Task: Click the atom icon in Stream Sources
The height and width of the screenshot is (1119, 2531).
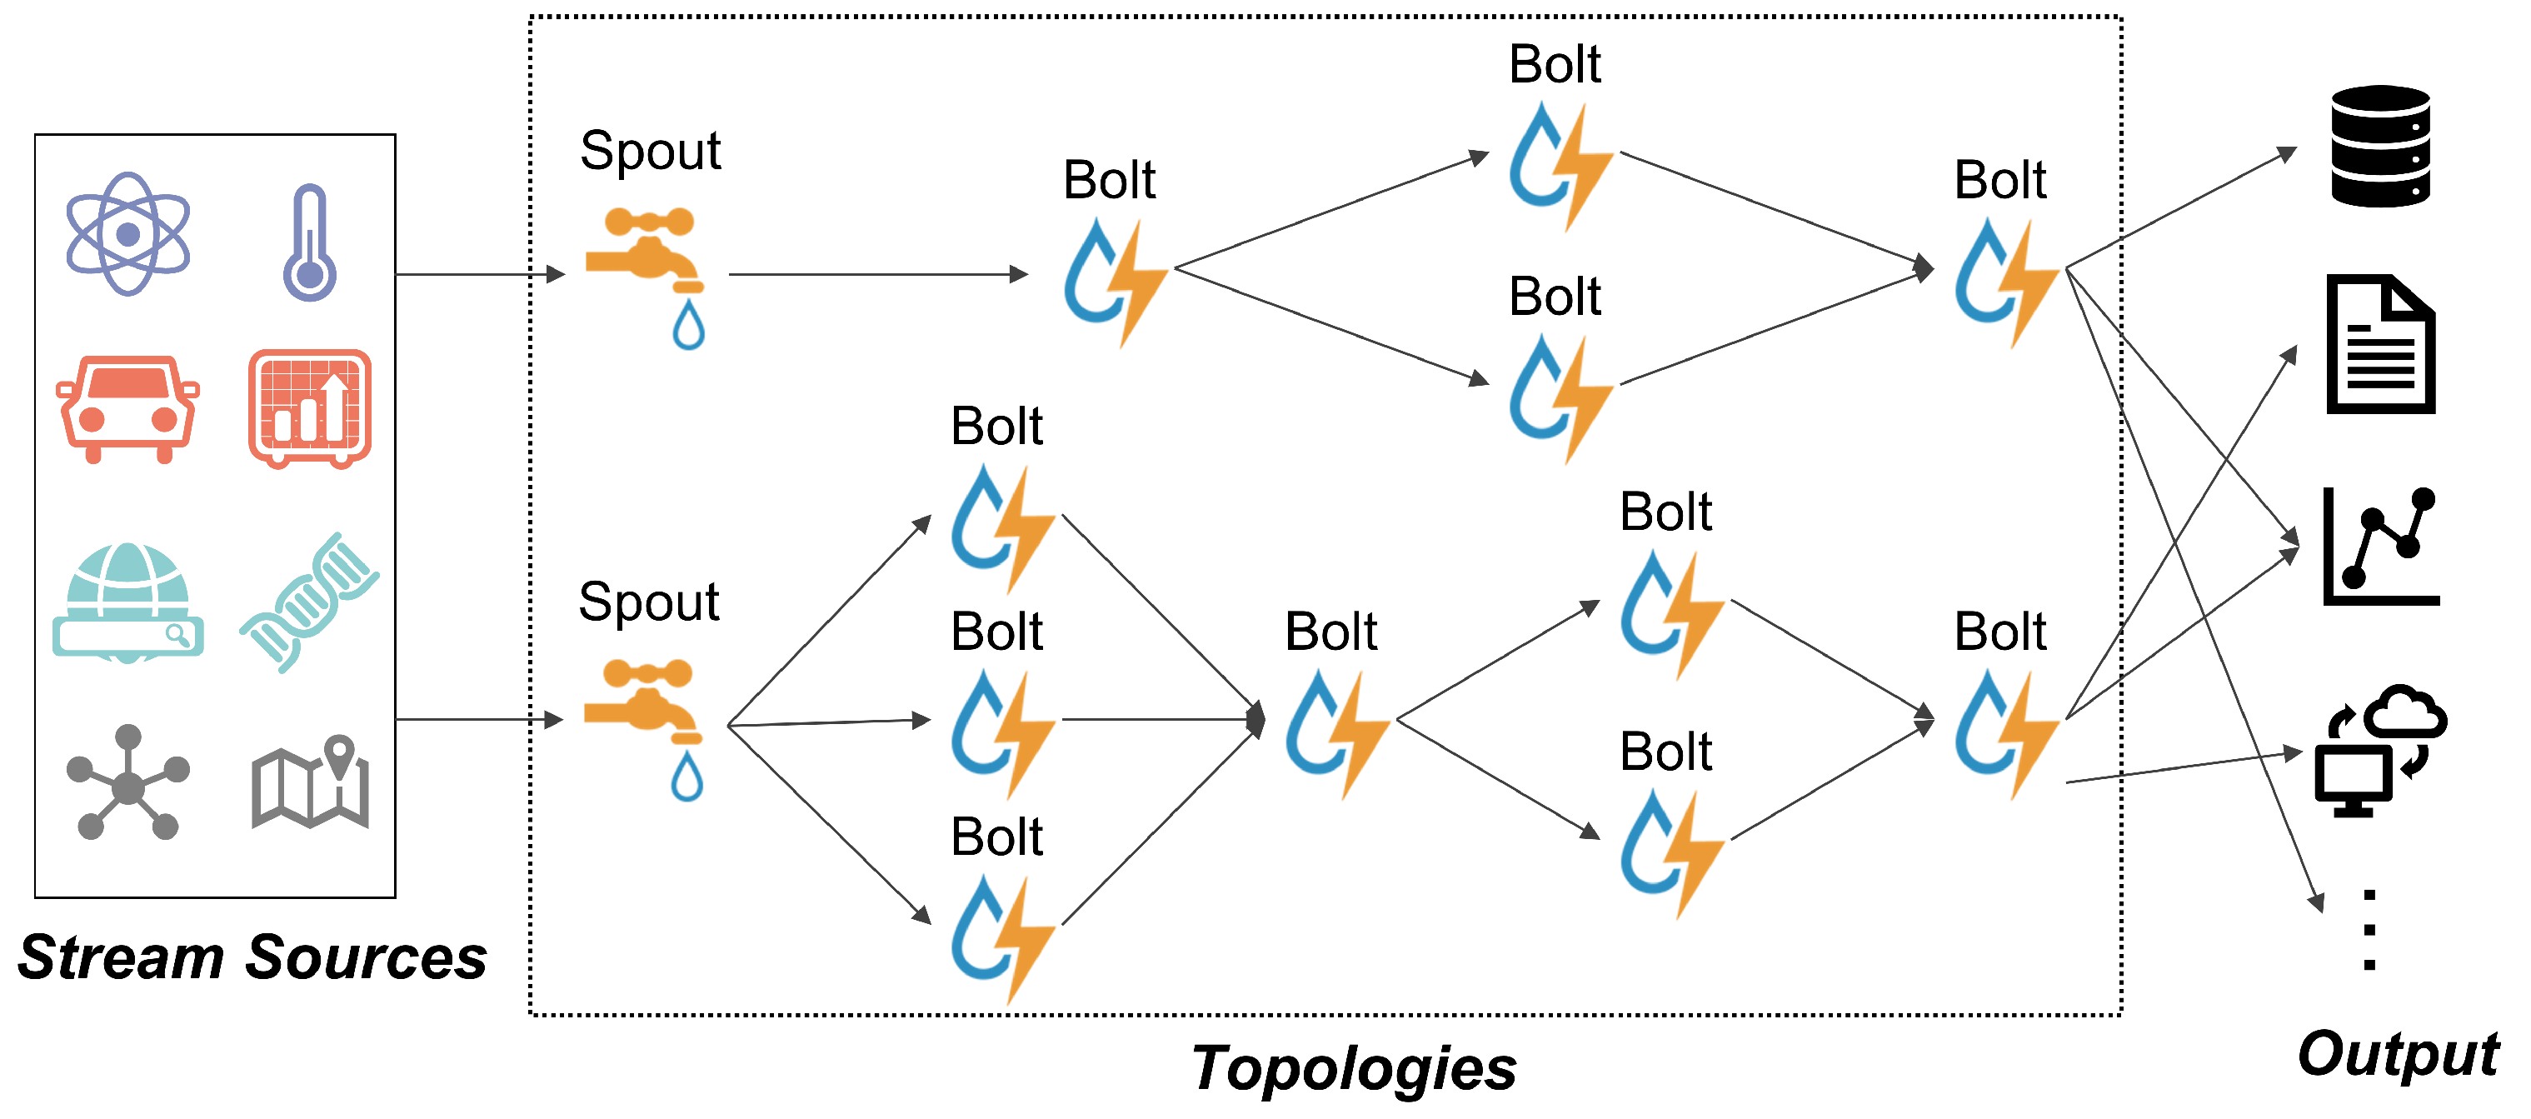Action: pos(127,234)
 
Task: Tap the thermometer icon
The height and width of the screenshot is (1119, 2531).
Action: pos(309,242)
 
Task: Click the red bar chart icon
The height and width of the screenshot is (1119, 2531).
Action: pos(309,407)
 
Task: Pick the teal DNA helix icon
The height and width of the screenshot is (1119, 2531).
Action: pos(309,602)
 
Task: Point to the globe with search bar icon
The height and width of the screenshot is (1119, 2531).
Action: pos(127,602)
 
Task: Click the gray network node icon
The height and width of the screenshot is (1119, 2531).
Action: pos(127,784)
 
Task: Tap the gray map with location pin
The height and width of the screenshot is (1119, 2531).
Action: pos(309,784)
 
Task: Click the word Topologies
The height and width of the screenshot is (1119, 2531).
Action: pos(1354,1069)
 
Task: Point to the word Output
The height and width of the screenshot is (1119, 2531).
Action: pos(2398,1053)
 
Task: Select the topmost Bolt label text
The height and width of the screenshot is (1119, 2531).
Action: pos(1555,65)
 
